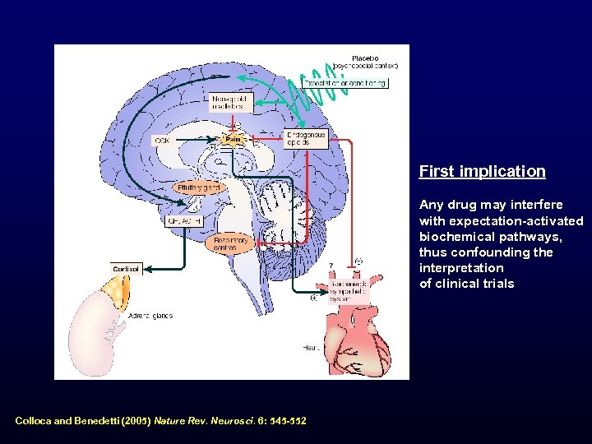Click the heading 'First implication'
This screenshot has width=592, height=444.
[x=482, y=172]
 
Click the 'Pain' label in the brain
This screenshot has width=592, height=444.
[x=233, y=140]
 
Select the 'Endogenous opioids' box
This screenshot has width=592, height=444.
[x=306, y=138]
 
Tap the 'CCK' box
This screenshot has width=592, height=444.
[x=162, y=141]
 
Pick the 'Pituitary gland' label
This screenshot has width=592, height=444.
[x=199, y=187]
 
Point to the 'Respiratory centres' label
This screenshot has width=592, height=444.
[x=230, y=243]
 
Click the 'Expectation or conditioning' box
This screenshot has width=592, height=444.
[x=345, y=82]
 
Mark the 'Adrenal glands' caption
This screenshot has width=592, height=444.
[x=150, y=316]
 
